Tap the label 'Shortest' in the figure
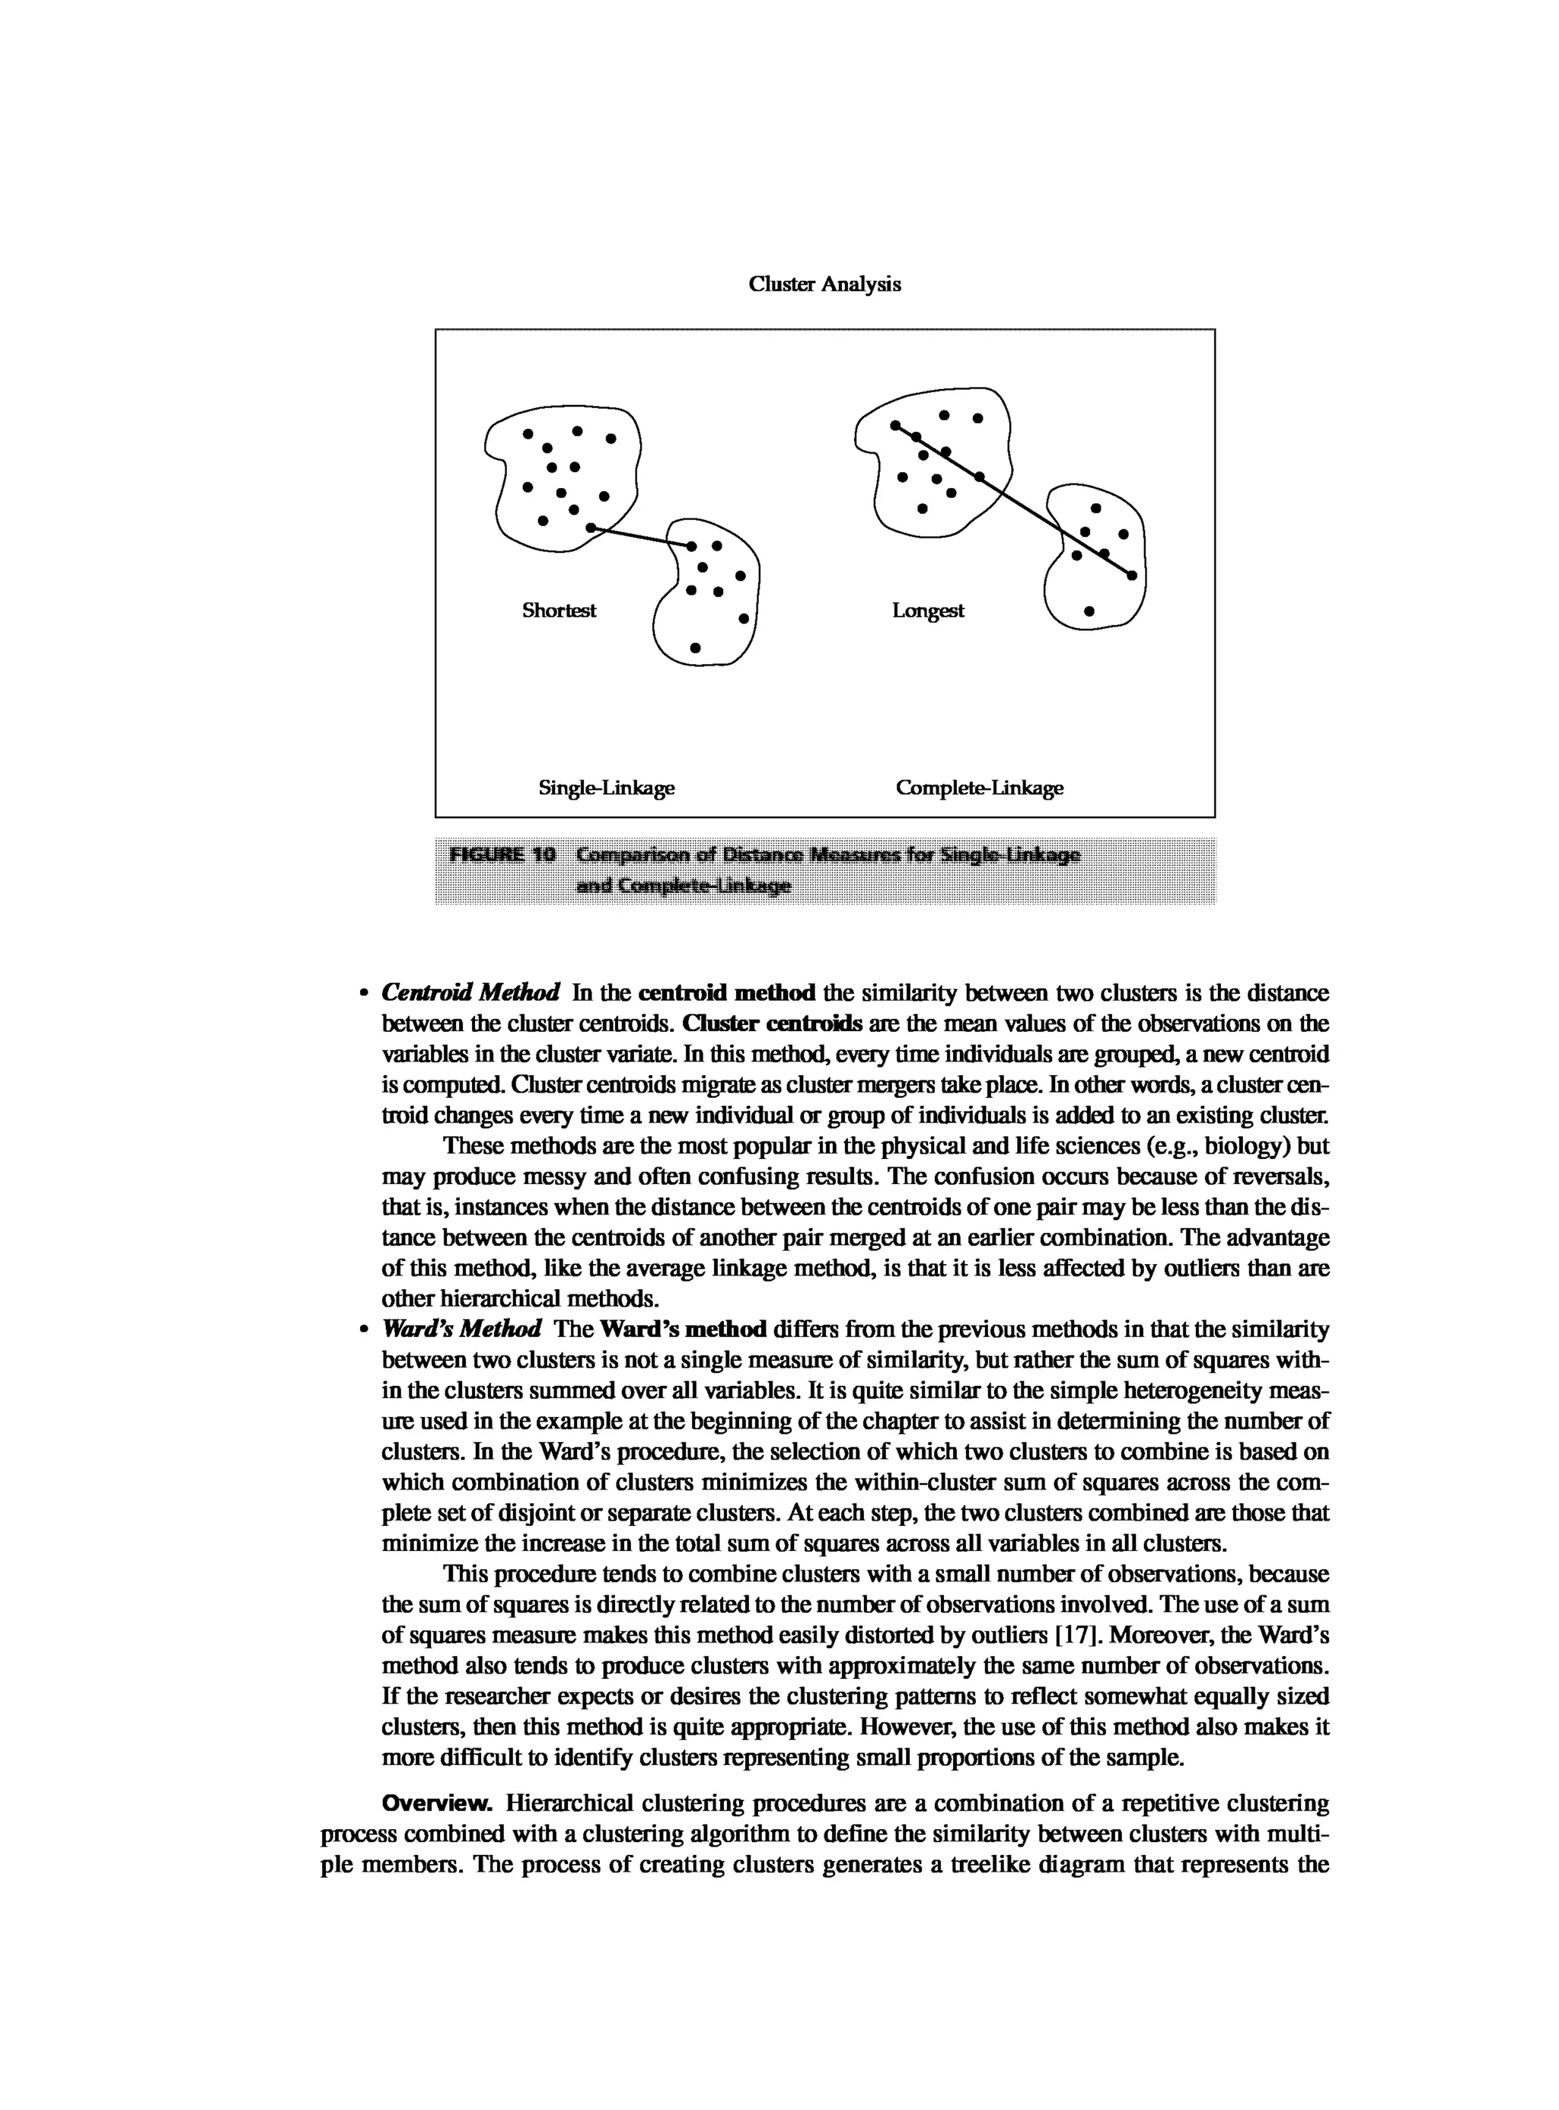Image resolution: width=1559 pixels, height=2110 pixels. tap(559, 611)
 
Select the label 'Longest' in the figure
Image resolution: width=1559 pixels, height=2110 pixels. tap(928, 611)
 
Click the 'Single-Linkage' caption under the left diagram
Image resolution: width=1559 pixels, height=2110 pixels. tap(606, 787)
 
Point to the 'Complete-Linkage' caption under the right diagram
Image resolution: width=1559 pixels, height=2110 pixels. tap(979, 787)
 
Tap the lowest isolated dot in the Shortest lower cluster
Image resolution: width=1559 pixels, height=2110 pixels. tap(696, 648)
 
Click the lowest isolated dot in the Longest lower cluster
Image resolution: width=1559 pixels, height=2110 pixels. tap(1089, 611)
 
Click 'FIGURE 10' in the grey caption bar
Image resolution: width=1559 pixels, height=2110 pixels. tap(502, 855)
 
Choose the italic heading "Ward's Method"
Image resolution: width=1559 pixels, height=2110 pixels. tap(461, 1330)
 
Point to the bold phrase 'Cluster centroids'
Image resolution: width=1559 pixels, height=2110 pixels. tap(771, 1023)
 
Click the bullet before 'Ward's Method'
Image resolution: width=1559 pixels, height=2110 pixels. tap(362, 1330)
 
